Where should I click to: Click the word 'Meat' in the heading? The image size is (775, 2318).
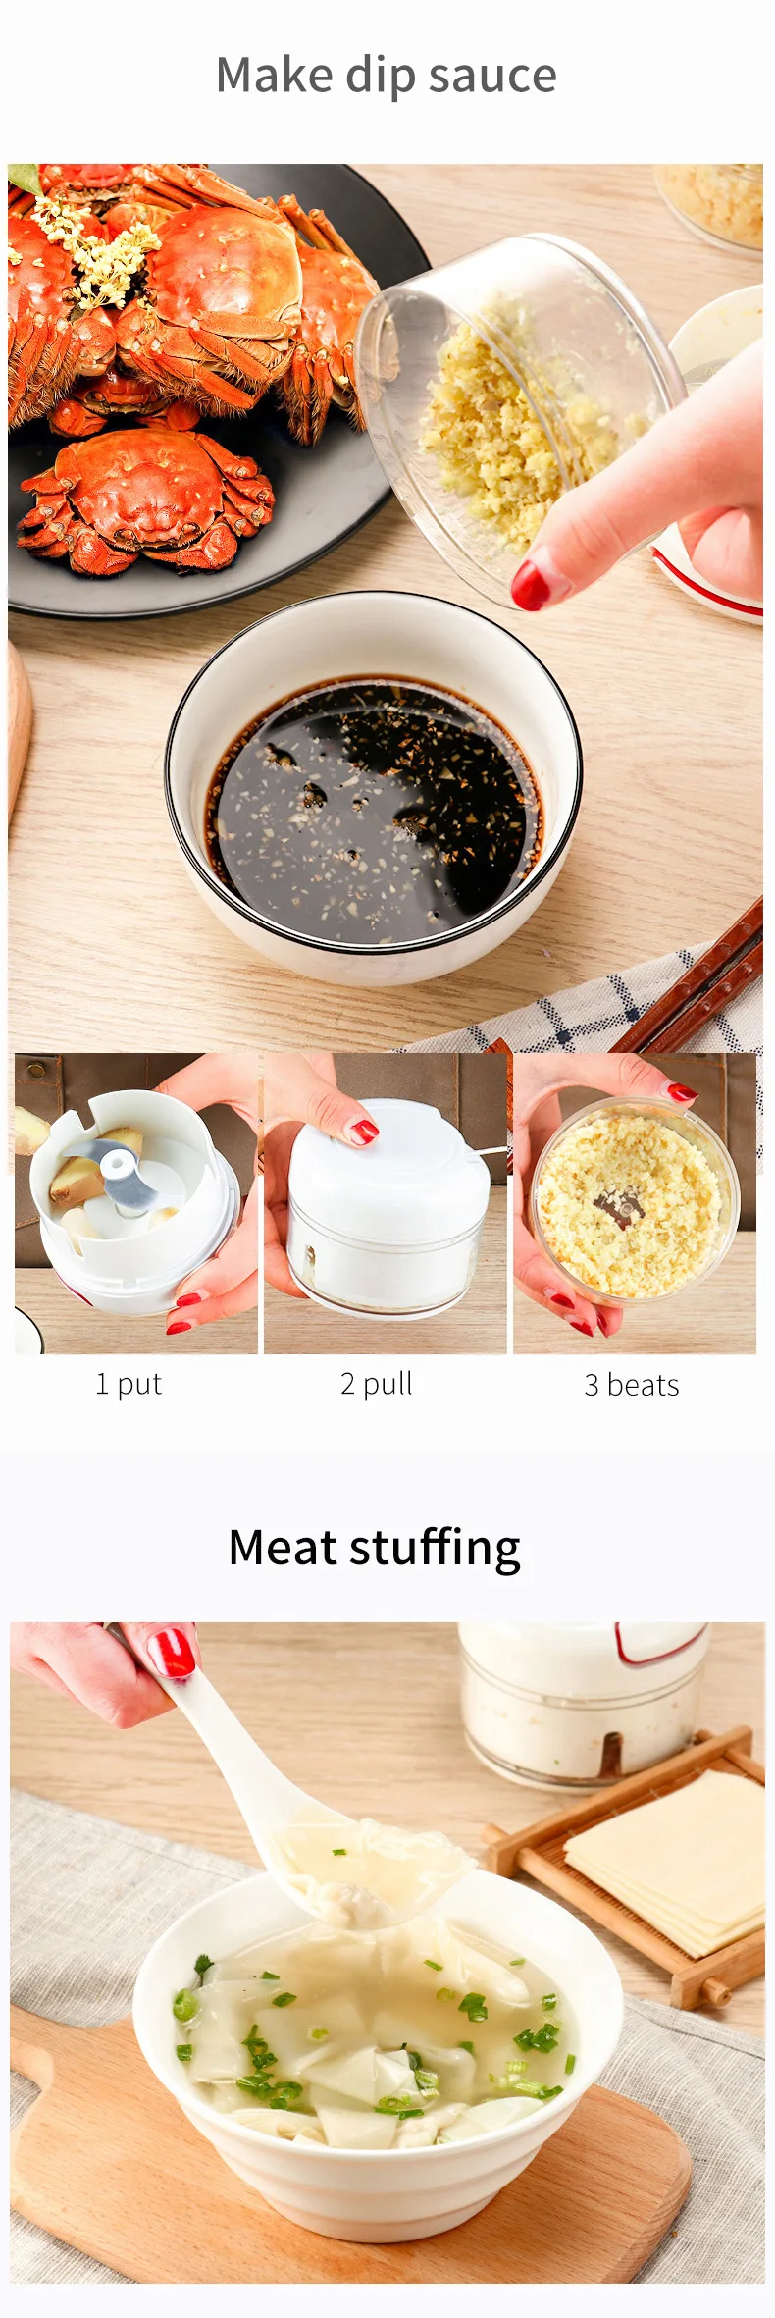coord(283,1547)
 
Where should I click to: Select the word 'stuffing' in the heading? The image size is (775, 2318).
coord(436,1549)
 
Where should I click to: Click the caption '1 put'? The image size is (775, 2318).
coord(129,1384)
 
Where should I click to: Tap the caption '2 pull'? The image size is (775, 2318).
coord(377,1384)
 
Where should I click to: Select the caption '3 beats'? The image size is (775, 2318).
coord(632,1385)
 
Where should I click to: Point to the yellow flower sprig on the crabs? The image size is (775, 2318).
coord(93,240)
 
